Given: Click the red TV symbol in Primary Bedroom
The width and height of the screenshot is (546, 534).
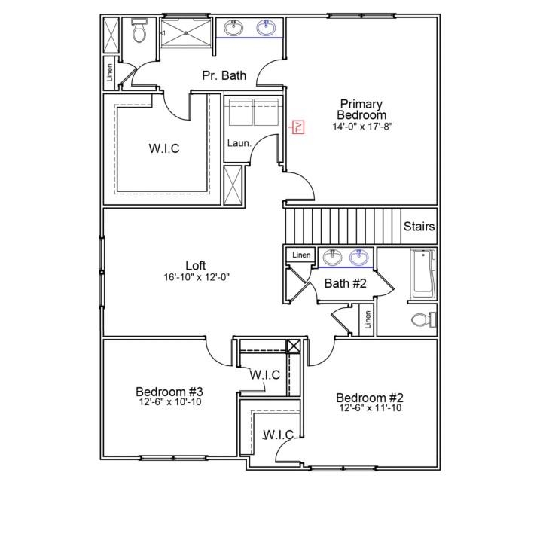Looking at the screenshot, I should [x=297, y=127].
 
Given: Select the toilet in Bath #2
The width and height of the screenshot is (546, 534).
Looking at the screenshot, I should [x=423, y=320].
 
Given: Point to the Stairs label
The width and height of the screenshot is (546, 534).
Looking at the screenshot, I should [x=419, y=227].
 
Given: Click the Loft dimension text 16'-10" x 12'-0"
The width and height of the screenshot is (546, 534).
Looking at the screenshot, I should [x=196, y=276].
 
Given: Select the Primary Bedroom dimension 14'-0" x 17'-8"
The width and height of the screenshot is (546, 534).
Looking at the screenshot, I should [x=361, y=127].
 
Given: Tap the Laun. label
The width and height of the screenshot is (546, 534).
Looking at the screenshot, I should [x=239, y=143].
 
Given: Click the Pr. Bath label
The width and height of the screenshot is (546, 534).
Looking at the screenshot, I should [x=224, y=75].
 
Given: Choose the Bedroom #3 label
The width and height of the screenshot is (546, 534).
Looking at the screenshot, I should [x=169, y=392].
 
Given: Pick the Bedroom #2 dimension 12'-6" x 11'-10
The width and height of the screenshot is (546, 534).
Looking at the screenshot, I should [x=370, y=407].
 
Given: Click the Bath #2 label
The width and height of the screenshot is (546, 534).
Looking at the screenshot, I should [x=345, y=283].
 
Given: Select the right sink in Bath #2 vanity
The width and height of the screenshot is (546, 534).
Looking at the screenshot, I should [x=360, y=258].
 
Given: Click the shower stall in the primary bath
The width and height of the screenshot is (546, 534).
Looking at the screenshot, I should [x=185, y=34].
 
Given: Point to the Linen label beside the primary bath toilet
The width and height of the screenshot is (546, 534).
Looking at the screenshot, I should [x=110, y=73].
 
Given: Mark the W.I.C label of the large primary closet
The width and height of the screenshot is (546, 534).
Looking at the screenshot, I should [x=164, y=148].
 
